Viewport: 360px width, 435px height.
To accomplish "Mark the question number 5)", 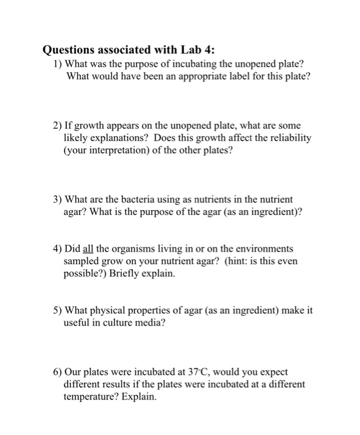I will pyautogui.click(x=58, y=311).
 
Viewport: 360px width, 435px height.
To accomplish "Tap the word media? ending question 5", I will pyautogui.click(x=149, y=323).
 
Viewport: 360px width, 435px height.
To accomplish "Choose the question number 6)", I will pyautogui.click(x=58, y=372).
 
